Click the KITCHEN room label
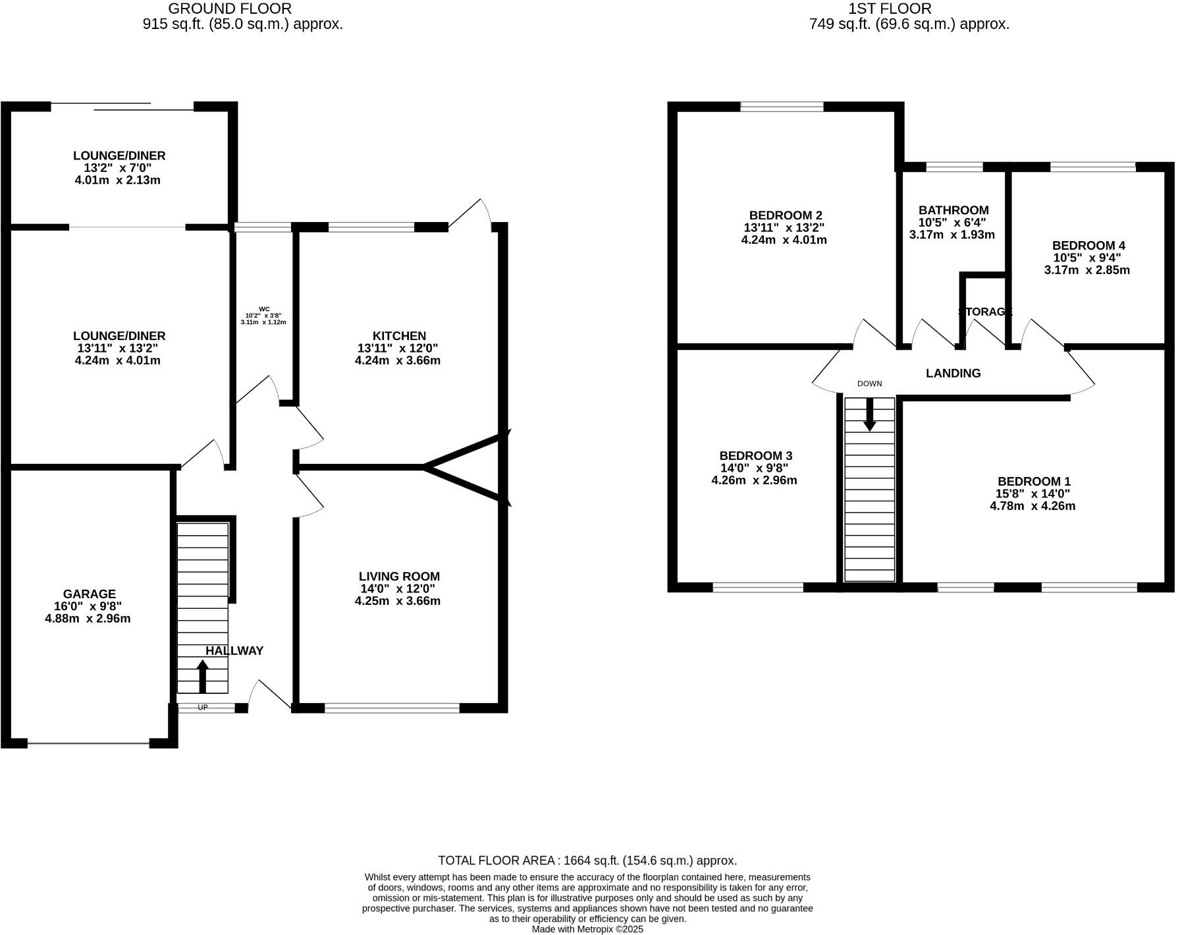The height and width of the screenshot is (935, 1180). [x=399, y=336]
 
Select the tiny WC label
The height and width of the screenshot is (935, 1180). [x=264, y=309]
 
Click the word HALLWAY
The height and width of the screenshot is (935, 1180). [x=234, y=651]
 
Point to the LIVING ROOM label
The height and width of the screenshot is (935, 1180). [x=399, y=577]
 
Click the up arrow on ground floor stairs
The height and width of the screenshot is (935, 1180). [x=202, y=676]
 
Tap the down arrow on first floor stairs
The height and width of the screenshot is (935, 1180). [x=869, y=415]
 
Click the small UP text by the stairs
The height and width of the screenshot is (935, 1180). [x=203, y=708]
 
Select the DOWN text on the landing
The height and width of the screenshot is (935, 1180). [x=869, y=383]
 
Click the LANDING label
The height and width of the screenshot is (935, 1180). [x=953, y=374]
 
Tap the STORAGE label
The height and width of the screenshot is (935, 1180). [x=984, y=312]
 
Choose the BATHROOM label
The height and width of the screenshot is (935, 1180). [x=953, y=210]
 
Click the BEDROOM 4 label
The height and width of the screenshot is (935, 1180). [x=1088, y=246]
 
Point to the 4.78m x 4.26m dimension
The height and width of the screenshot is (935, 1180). [x=1032, y=506]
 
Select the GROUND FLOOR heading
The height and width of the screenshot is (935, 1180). [x=230, y=9]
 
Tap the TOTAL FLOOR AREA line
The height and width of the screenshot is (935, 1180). [x=587, y=860]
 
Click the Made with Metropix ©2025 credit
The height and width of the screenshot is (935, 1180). [x=587, y=929]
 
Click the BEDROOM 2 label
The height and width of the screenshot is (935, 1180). [x=785, y=215]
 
